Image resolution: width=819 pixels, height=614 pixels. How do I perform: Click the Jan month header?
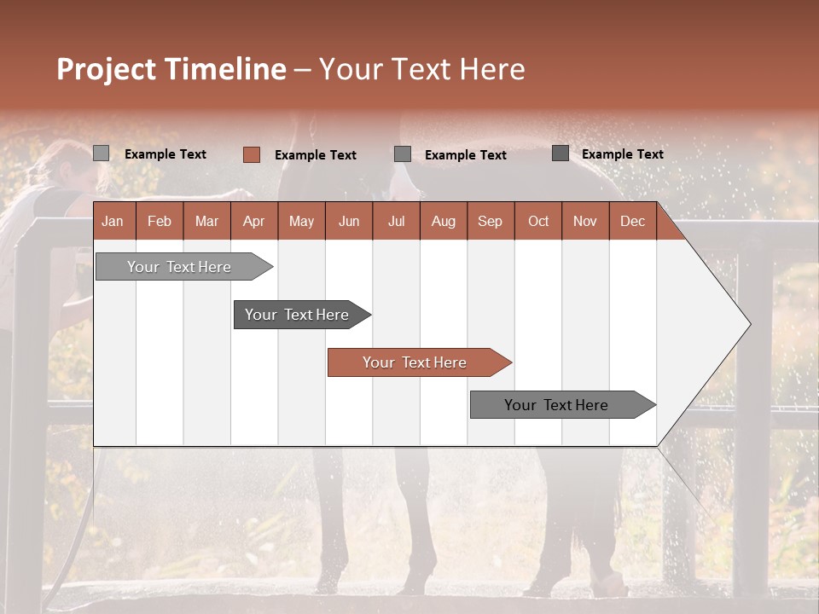[x=113, y=221]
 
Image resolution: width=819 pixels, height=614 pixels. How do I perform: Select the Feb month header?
[x=160, y=221]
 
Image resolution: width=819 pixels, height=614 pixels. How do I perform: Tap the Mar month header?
[x=206, y=221]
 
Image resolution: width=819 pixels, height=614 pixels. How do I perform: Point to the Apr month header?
[x=254, y=221]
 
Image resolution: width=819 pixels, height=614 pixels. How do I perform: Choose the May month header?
[x=301, y=221]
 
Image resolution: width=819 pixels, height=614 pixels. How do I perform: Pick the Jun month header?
[x=349, y=221]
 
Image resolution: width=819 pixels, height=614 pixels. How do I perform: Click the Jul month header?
[x=396, y=221]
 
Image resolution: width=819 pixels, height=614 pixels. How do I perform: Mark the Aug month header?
[x=444, y=221]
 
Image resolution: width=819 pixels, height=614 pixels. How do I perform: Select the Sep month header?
[x=491, y=221]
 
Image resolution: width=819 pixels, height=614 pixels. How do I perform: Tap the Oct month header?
[x=538, y=221]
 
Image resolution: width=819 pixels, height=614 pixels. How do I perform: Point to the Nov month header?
[x=585, y=221]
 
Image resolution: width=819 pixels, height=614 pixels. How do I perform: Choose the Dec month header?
[x=632, y=221]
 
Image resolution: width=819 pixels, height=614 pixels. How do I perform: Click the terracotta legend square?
[x=252, y=154]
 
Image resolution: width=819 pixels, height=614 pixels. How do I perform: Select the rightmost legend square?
[x=561, y=153]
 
